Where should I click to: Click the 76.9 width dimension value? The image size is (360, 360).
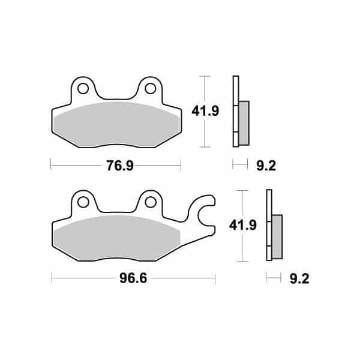(x=115, y=165)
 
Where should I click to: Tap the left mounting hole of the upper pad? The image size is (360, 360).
(x=82, y=89)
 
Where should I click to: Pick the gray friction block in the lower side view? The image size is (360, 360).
(x=277, y=236)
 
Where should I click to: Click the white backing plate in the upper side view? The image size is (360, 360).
(x=236, y=111)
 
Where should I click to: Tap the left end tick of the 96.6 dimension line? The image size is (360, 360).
(x=52, y=278)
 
